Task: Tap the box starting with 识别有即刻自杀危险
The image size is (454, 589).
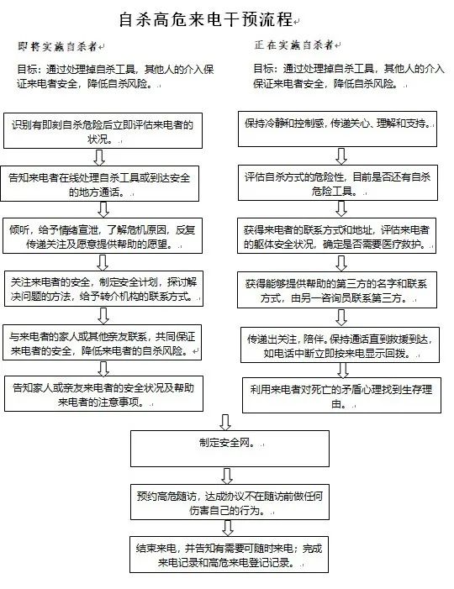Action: point(102,131)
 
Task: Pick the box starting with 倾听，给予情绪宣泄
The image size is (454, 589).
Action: point(102,236)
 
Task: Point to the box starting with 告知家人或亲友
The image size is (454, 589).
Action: point(102,394)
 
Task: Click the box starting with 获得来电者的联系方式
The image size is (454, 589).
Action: point(340,236)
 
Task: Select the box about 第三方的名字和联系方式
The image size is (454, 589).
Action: point(340,291)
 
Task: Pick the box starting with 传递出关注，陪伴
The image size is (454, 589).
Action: point(340,344)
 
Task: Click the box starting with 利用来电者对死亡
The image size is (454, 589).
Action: point(340,394)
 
